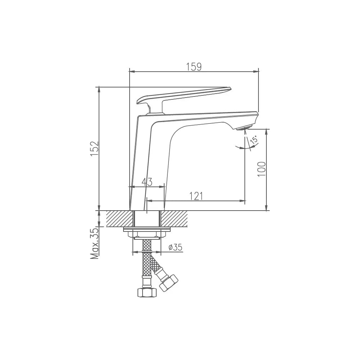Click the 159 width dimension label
point(194,67)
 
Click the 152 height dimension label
point(94,149)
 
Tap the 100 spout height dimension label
point(261,169)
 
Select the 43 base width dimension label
point(147,182)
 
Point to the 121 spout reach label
point(196,196)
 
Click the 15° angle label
point(254,140)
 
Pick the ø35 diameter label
point(175,247)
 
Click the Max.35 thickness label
point(94,243)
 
